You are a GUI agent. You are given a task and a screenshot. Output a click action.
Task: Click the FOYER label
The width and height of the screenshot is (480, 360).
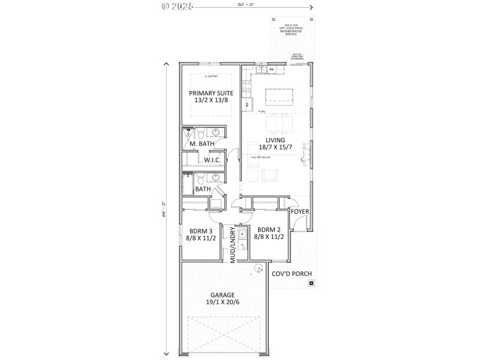click(x=300, y=212)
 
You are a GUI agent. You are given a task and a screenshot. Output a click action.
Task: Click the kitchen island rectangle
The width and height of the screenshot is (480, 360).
click(x=278, y=95)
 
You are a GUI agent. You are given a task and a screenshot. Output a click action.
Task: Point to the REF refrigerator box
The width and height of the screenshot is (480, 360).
click(x=247, y=104)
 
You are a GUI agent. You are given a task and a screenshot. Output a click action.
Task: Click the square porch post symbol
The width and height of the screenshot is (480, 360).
click(x=311, y=282)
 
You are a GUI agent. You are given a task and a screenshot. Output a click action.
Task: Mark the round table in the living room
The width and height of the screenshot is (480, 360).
click(x=252, y=175)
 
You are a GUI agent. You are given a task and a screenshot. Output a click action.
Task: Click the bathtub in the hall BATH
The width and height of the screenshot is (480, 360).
click(x=188, y=185)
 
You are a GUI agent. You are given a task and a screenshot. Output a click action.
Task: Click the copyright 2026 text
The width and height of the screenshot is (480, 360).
click(x=177, y=7)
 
